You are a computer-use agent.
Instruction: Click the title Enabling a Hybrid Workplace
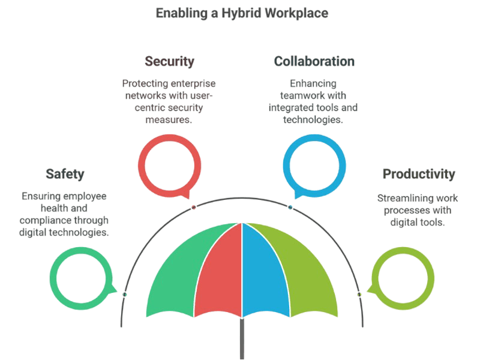pos(242,13)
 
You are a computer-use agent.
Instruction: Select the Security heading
pos(169,62)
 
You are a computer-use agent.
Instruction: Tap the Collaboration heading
pos(314,62)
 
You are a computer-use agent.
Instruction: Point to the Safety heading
pos(65,174)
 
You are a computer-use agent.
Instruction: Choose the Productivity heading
pos(419,174)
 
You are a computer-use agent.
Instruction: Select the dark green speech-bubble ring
pos(52,279)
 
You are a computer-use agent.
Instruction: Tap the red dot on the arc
pos(194,206)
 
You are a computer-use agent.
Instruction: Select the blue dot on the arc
pos(290,206)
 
